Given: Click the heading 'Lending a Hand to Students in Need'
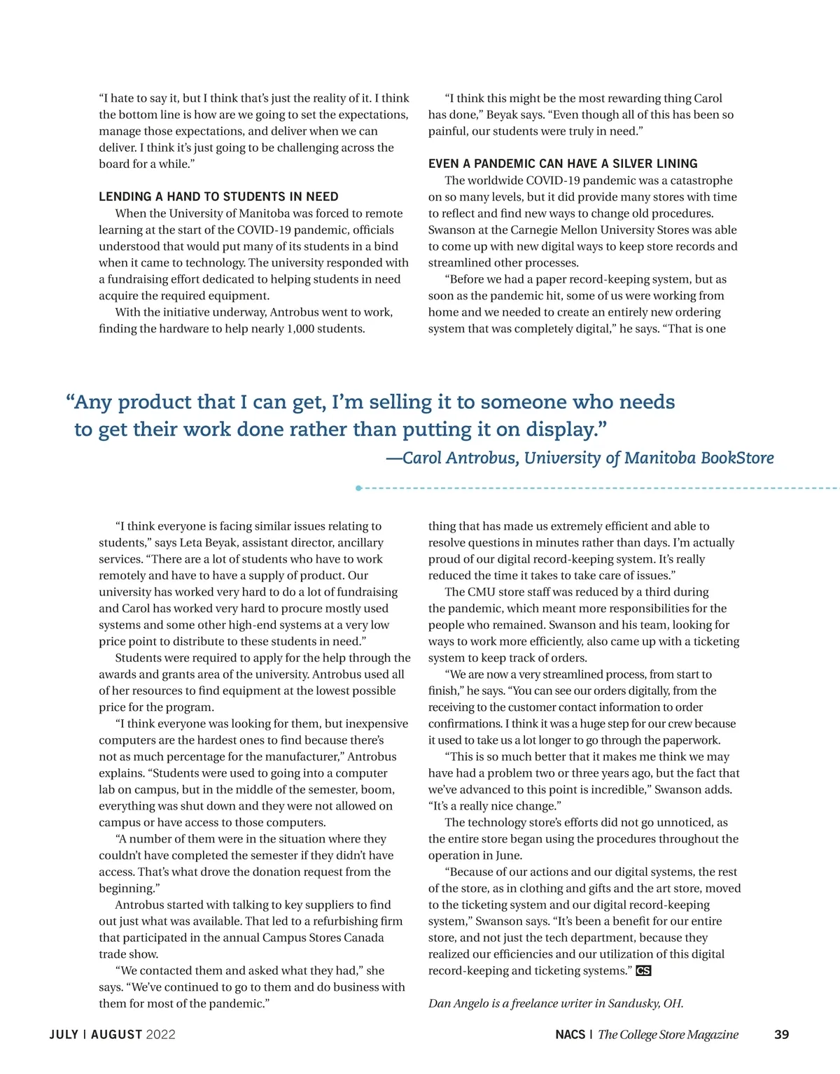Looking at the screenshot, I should tap(218, 197).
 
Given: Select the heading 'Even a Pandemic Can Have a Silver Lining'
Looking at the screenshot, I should tap(563, 164).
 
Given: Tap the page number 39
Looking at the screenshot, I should tap(782, 1034).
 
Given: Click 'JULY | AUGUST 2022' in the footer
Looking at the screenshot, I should tap(112, 1034).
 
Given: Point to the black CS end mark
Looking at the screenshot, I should tap(643, 970).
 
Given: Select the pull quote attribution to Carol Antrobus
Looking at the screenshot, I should tap(580, 458).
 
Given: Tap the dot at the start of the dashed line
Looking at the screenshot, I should tap(358, 488).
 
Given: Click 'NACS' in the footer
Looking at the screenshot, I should tap(570, 1034).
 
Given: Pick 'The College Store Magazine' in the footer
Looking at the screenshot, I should tap(668, 1034).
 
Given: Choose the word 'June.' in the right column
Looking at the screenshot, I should tap(507, 856).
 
